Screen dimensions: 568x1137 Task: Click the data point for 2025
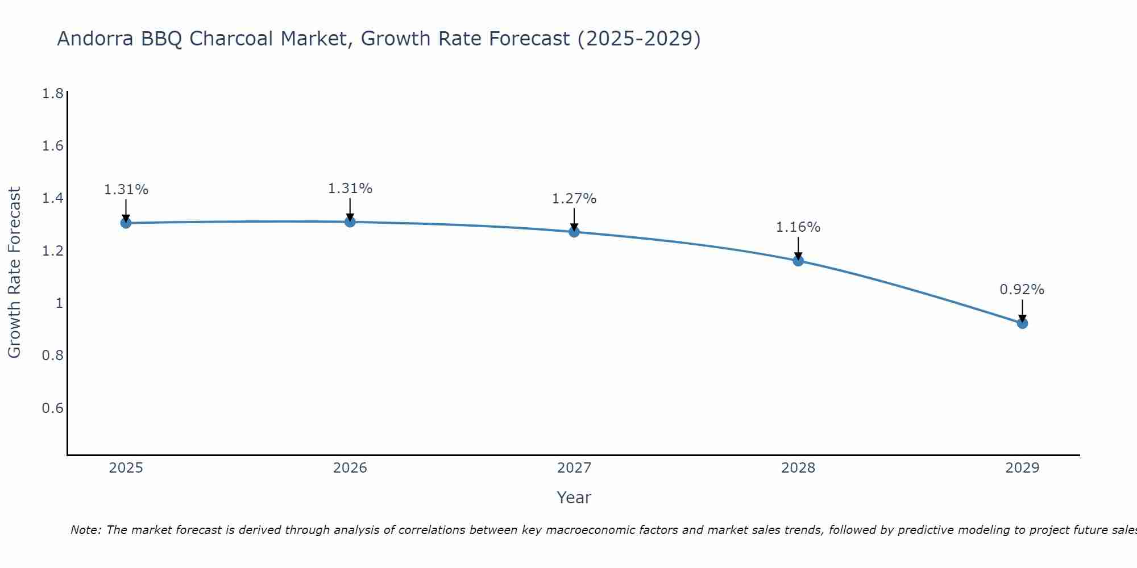[126, 223]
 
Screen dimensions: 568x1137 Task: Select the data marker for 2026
[350, 222]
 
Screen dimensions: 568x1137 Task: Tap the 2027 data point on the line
[574, 232]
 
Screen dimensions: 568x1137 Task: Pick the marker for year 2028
[798, 261]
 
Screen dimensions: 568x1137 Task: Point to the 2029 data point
[1022, 323]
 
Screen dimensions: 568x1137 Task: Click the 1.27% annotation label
[574, 199]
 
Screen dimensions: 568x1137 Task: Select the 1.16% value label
[798, 227]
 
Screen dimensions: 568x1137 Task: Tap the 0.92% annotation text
[1022, 290]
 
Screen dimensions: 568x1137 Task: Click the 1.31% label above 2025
[126, 190]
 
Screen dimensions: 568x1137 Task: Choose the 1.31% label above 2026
[350, 189]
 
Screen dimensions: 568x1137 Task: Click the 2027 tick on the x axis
[574, 468]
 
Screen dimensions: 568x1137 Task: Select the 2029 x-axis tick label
[1022, 468]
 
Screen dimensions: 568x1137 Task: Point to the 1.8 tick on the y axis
[53, 94]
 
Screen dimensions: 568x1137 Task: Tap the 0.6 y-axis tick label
[53, 408]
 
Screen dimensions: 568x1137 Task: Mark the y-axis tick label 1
[59, 303]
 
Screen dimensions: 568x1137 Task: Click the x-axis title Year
[574, 498]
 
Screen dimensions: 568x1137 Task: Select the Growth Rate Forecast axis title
[14, 273]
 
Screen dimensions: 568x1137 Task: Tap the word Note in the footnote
[85, 530]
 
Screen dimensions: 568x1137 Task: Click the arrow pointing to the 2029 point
[1022, 310]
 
